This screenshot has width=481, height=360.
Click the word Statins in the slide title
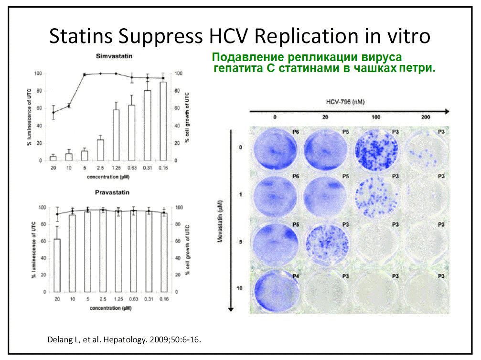tap(81, 36)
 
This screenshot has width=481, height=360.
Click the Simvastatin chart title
tap(114, 56)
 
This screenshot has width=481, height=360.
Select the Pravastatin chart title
tap(112, 192)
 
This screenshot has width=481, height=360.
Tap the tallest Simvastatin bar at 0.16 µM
tap(163, 121)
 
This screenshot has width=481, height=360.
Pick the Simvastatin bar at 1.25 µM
tap(116, 135)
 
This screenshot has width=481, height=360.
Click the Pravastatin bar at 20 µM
tap(57, 265)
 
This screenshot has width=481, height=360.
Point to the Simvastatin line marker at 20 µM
tap(53, 113)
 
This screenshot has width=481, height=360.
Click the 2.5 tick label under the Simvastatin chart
tap(100, 168)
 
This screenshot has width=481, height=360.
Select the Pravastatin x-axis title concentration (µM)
tap(111, 308)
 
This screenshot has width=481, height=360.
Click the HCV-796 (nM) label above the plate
tap(345, 102)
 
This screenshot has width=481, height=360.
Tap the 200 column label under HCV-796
tap(426, 117)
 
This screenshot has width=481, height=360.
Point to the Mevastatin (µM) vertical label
tap(220, 222)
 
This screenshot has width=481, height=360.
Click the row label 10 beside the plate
tap(239, 288)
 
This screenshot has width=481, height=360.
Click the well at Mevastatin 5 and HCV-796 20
tap(327, 244)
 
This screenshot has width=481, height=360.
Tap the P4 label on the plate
tap(295, 276)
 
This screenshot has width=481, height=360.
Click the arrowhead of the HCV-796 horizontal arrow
tap(447, 111)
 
